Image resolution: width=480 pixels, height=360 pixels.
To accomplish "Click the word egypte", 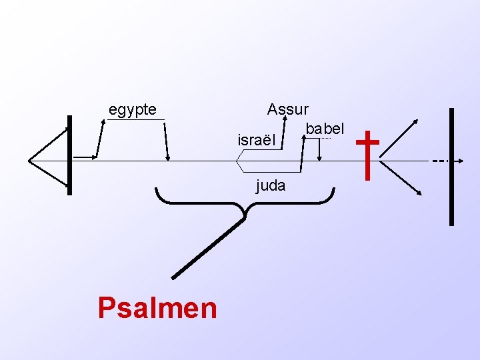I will pyautogui.click(x=133, y=109).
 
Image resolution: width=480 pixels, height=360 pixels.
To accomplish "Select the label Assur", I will pyautogui.click(x=287, y=109).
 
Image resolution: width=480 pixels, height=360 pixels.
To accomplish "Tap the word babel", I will pyautogui.click(x=325, y=127).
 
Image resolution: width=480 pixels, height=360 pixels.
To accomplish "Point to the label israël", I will pyautogui.click(x=256, y=141).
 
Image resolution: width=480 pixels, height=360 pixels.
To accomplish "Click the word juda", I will pyautogui.click(x=271, y=185).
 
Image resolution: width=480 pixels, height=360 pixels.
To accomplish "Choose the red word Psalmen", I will pyautogui.click(x=157, y=308).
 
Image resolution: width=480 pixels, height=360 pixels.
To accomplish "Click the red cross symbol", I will pyautogui.click(x=367, y=155).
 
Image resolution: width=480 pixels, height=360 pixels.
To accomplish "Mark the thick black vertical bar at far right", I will pyautogui.click(x=451, y=167).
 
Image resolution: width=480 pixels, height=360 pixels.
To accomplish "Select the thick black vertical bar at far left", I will pyautogui.click(x=69, y=155).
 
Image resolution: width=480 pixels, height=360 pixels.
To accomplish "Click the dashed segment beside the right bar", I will pyautogui.click(x=439, y=161).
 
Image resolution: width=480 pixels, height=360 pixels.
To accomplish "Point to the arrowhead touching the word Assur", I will pyautogui.click(x=284, y=119).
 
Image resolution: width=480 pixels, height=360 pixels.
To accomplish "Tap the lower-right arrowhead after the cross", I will pyautogui.click(x=420, y=193).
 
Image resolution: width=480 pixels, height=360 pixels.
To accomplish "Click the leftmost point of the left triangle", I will pyautogui.click(x=29, y=160).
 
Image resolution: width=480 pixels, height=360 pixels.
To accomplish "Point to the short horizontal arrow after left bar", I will pyautogui.click(x=85, y=157).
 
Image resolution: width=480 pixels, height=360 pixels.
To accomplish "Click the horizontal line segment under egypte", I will pyautogui.click(x=135, y=119).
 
